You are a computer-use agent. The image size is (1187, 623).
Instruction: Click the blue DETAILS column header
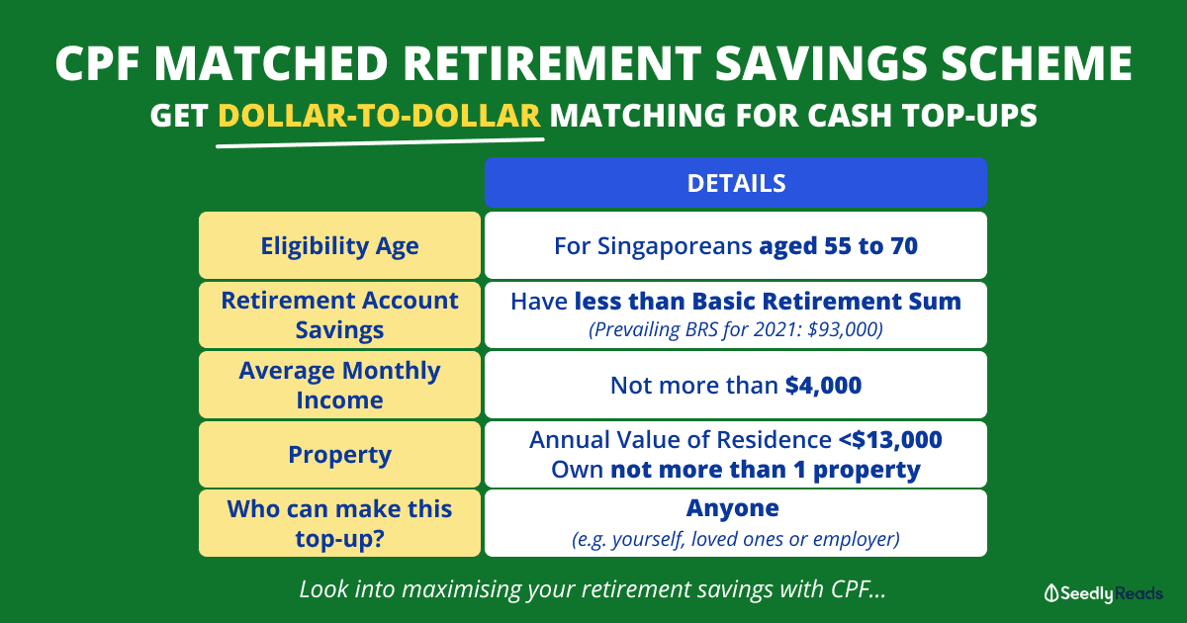[736, 182]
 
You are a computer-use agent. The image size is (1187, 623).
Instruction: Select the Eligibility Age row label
[339, 246]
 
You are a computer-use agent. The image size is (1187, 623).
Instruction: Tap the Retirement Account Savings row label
[339, 314]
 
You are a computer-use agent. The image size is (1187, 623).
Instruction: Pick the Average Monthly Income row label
[339, 385]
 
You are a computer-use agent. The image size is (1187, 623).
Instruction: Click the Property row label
[339, 455]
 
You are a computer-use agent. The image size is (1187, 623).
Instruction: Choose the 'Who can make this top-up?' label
[339, 523]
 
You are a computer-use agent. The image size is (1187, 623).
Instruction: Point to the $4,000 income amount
[823, 385]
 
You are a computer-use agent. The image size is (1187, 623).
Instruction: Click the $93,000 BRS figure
[845, 329]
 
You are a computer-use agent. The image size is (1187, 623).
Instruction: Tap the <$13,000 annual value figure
[890, 440]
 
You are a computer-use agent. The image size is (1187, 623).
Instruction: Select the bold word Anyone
[733, 508]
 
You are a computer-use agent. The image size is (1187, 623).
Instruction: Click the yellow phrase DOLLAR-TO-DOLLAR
[380, 115]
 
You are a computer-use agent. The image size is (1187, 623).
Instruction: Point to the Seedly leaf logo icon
[1051, 593]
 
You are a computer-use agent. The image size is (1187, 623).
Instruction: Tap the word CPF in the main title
[98, 63]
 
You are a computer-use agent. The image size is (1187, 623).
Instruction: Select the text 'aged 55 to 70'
[839, 246]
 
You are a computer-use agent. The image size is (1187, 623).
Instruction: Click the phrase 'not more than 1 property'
[766, 470]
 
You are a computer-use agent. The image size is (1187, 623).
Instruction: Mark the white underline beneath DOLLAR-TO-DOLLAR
[380, 142]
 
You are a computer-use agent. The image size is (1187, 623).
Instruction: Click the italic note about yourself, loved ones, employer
[736, 539]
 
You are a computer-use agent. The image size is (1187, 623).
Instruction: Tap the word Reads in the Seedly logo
[1139, 593]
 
